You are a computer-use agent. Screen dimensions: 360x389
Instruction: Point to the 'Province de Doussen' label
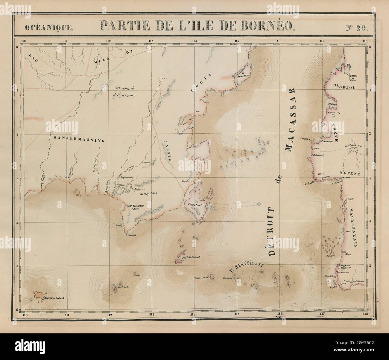click(125, 93)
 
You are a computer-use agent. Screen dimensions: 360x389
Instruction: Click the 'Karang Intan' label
click(149, 194)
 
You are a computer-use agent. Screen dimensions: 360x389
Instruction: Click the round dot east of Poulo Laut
click(259, 204)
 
